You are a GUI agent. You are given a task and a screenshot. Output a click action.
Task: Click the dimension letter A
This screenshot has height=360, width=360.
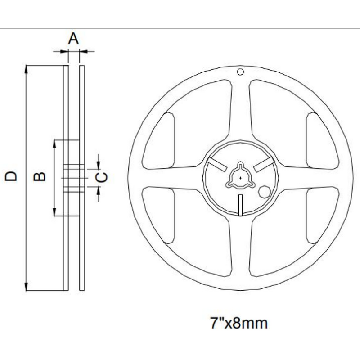pyautogui.click(x=73, y=39)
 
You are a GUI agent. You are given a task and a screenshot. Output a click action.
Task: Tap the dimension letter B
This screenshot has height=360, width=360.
pyautogui.click(x=40, y=176)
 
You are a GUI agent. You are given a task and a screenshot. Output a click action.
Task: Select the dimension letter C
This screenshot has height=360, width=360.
pyautogui.click(x=103, y=177)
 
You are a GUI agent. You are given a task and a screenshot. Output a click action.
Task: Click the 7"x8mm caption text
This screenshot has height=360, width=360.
pyautogui.click(x=239, y=323)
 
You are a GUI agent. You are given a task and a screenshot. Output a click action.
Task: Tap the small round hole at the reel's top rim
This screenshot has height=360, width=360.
pyautogui.click(x=241, y=72)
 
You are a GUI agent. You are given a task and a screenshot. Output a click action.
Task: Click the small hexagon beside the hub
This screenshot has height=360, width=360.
pyautogui.click(x=264, y=191)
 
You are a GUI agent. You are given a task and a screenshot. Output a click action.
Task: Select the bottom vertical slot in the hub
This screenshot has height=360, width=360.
pyautogui.click(x=241, y=205)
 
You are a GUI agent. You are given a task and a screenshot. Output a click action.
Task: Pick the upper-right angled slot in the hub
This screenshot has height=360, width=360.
pyautogui.click(x=264, y=165)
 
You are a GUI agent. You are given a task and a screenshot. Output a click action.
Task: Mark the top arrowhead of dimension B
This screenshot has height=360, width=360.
pyautogui.click(x=54, y=143)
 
